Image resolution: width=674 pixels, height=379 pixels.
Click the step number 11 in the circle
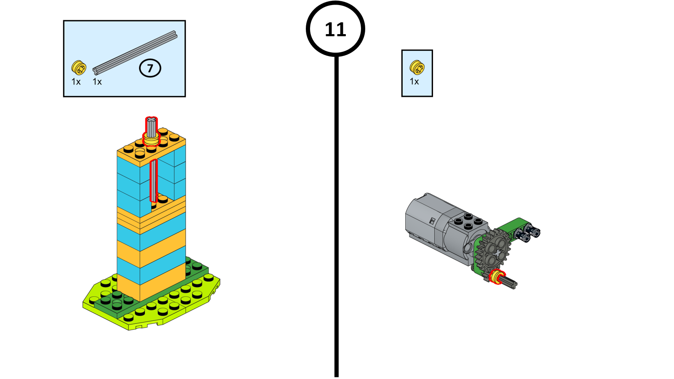coord(335,29)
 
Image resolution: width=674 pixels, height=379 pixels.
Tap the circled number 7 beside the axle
coord(150,68)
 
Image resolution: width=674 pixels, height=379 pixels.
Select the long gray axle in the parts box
coord(135,53)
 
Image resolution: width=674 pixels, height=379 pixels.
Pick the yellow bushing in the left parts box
coord(79,67)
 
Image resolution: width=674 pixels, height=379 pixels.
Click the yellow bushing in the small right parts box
coord(417,67)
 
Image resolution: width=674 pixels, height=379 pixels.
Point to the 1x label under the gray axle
coord(97,82)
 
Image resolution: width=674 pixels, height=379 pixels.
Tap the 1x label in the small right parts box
coord(415,82)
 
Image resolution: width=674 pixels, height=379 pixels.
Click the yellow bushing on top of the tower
coord(151,139)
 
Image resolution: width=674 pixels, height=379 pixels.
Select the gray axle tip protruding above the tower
coord(151,126)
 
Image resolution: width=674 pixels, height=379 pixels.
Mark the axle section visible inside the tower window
coord(153,181)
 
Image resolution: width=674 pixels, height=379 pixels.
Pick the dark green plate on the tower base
coord(150,289)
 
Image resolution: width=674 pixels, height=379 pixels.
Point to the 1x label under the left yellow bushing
coord(76,82)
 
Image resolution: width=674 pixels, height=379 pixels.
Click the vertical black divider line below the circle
coord(337,216)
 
